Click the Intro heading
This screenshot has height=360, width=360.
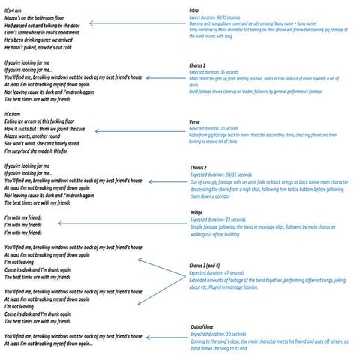(x=194, y=10)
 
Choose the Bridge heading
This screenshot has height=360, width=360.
(x=197, y=212)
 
